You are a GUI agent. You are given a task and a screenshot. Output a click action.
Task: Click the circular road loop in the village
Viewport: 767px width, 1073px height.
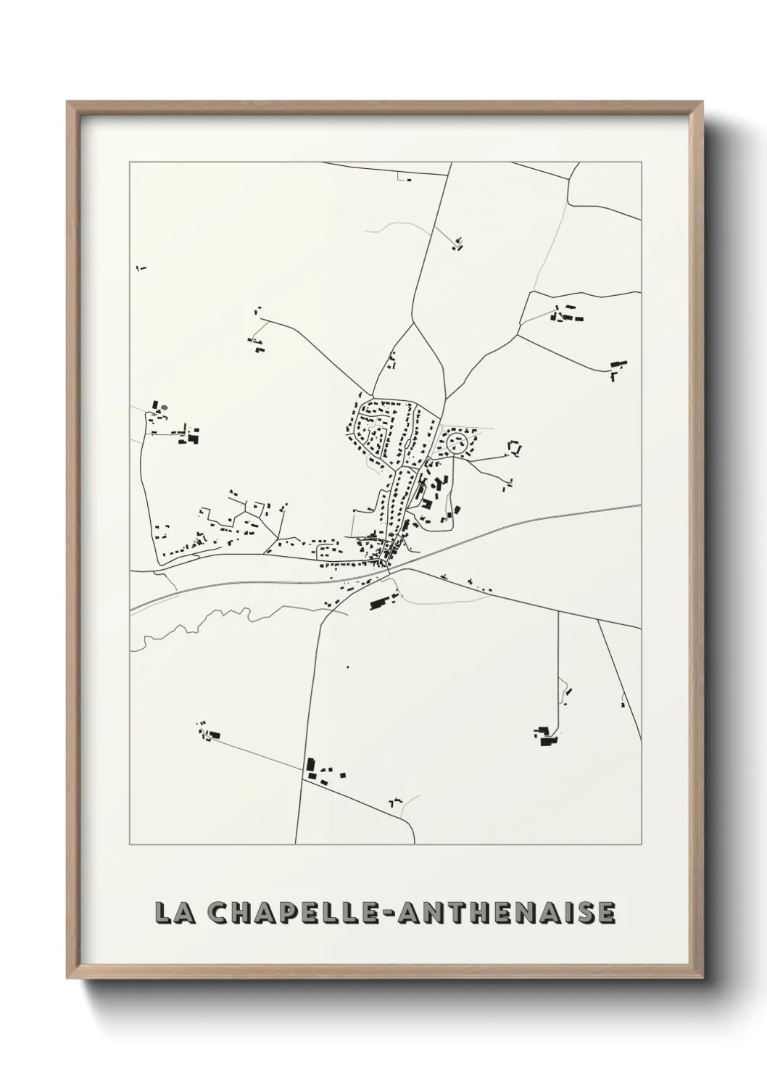457,442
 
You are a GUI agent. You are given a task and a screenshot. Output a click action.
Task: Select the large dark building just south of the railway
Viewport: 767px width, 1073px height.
379,602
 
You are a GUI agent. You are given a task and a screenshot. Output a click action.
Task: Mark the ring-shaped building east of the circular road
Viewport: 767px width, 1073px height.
515,448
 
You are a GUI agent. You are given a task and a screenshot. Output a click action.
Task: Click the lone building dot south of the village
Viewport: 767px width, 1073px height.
348,666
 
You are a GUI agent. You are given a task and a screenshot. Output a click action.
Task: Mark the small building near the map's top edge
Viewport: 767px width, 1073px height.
405,177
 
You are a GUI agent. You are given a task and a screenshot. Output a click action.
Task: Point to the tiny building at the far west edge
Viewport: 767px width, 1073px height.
141,269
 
